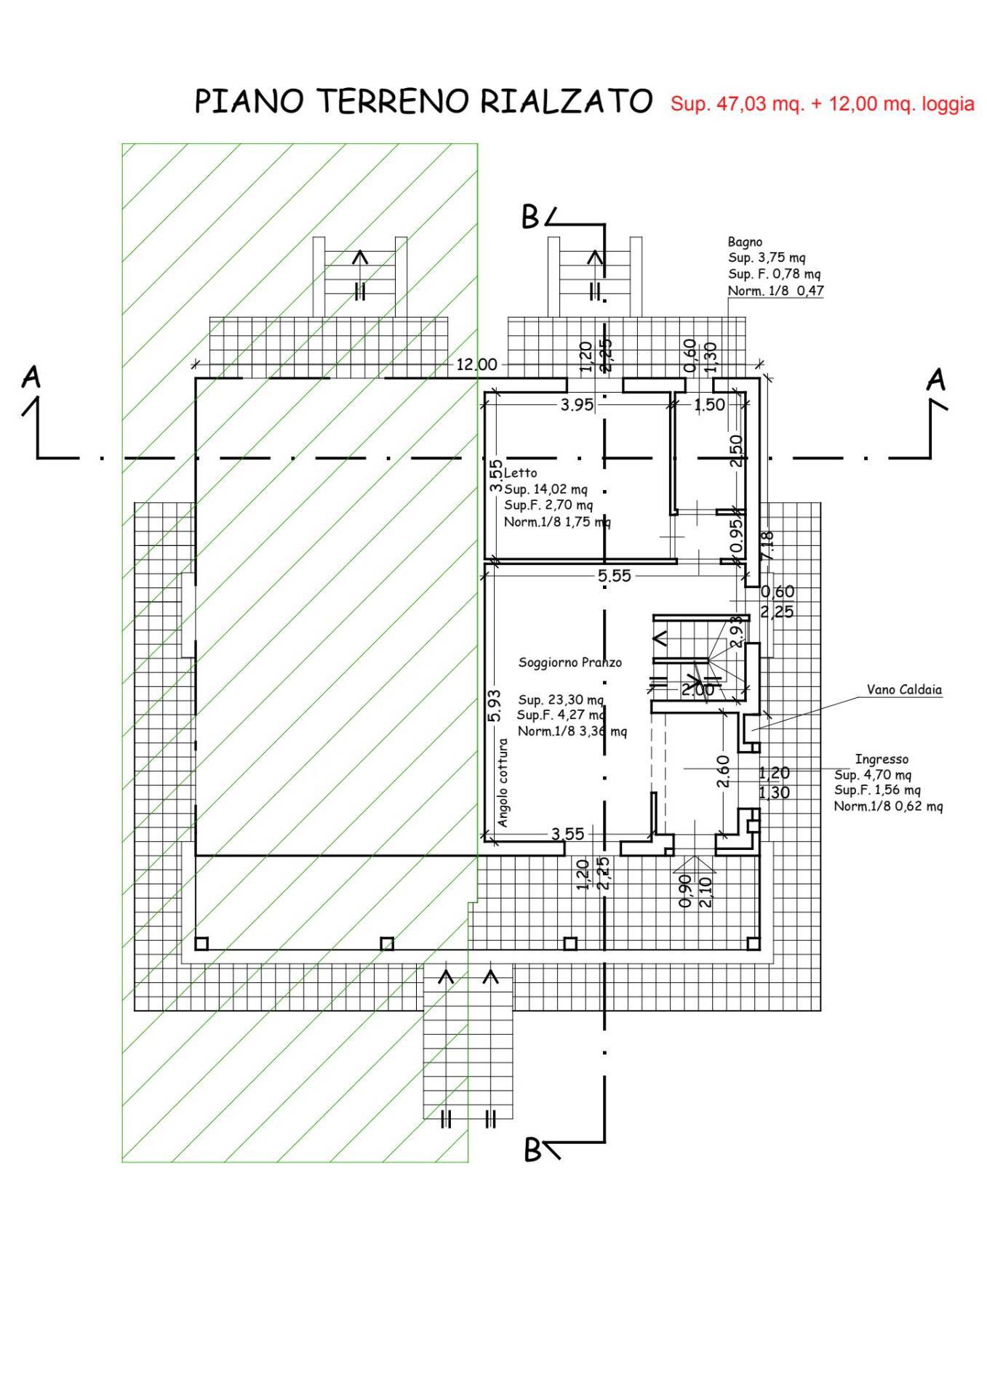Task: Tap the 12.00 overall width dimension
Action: coord(476,365)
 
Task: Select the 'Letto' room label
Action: coord(520,473)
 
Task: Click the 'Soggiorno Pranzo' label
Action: coord(570,662)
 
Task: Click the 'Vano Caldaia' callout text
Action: coord(903,689)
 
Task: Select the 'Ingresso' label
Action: coord(882,759)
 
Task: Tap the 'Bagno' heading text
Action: coord(745,241)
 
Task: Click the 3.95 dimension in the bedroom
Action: coord(577,405)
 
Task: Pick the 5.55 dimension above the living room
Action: coord(614,577)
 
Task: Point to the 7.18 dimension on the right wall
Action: coord(767,545)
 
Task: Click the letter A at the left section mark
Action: coord(31,378)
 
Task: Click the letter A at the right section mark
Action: coord(938,380)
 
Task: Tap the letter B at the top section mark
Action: coord(532,217)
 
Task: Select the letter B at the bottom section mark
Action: coord(533,1151)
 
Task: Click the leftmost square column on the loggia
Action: coord(202,944)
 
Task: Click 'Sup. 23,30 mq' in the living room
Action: coord(560,700)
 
